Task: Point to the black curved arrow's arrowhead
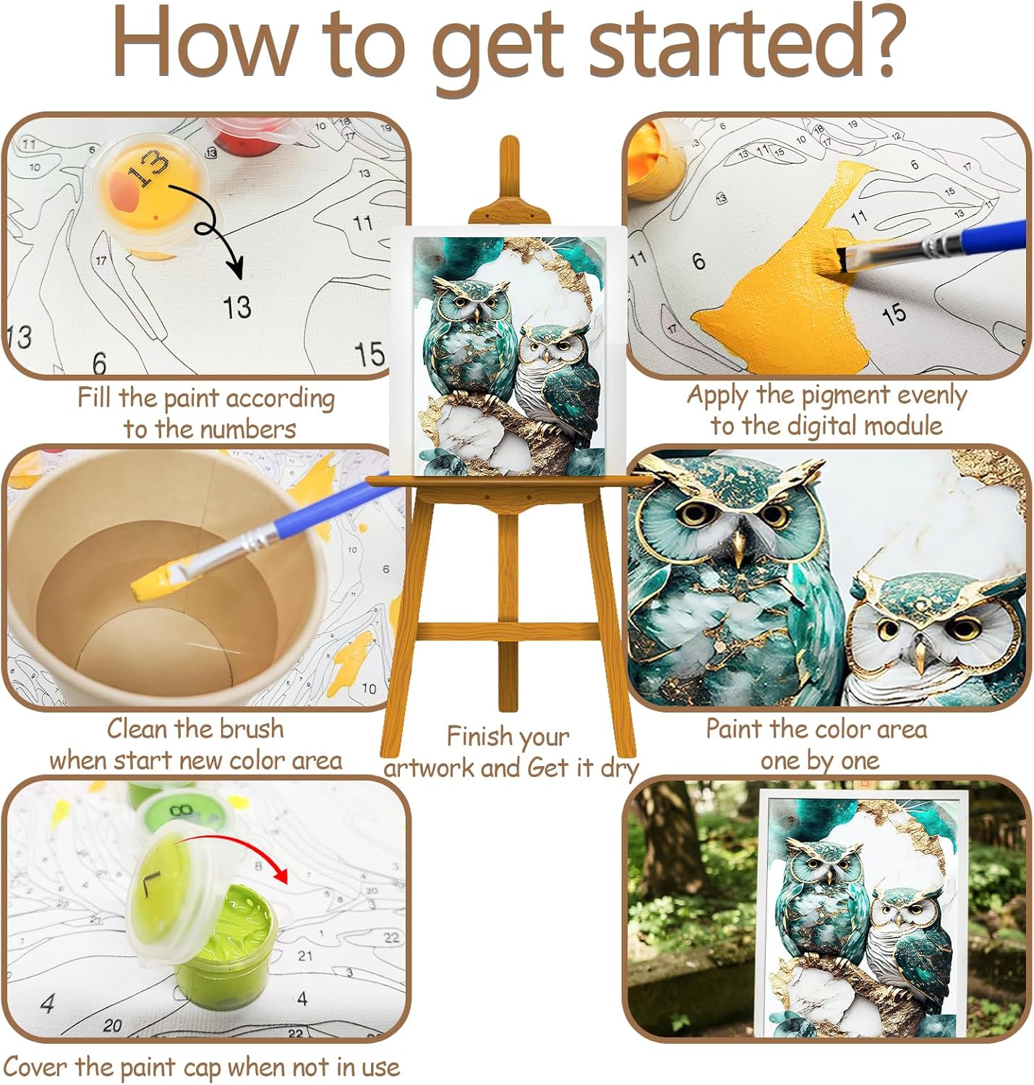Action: point(236,268)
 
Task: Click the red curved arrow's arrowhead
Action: point(282,874)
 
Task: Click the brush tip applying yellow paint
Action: point(839,260)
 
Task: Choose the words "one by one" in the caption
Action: point(820,761)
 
